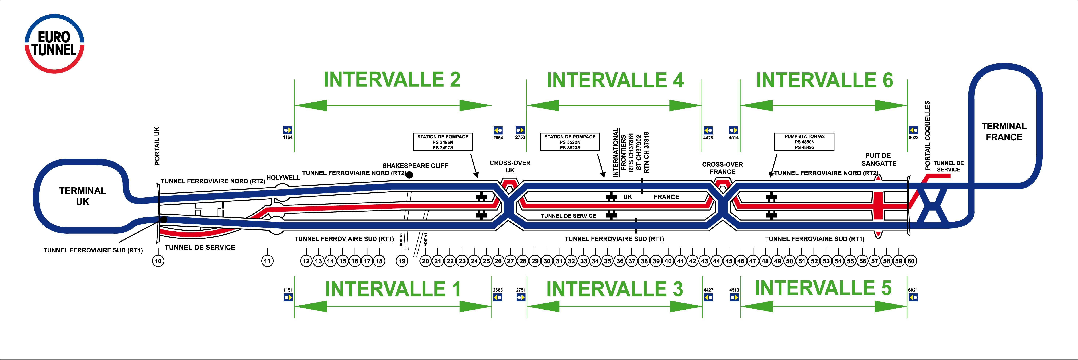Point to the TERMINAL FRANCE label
[x=1004, y=131]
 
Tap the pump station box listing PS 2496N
[x=443, y=142]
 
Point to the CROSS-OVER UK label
[x=510, y=166]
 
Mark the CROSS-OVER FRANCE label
[x=722, y=168]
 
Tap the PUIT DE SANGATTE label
[x=878, y=159]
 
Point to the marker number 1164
[x=288, y=137]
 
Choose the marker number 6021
[x=913, y=290]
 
